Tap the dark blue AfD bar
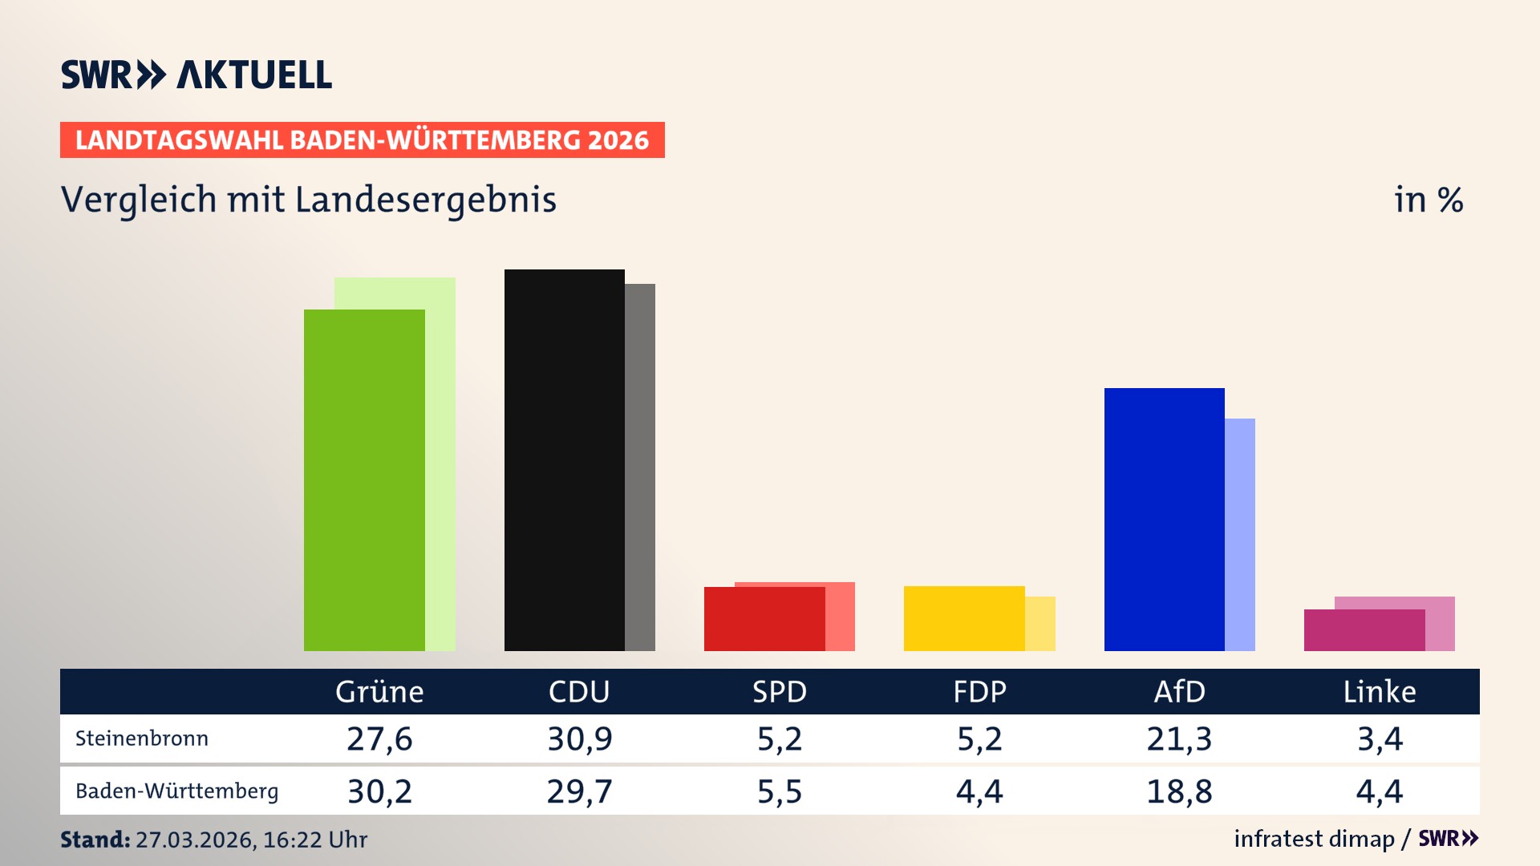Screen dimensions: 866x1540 (1164, 519)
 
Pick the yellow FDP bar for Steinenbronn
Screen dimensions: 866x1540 (964, 618)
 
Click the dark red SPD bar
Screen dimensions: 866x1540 (764, 619)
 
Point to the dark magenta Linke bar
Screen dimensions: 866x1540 (1364, 630)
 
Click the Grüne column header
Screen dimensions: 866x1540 (379, 691)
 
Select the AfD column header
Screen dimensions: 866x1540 (1179, 691)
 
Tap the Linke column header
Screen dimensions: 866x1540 (1380, 691)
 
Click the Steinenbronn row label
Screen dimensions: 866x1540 (142, 739)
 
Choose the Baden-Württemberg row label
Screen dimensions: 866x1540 (176, 791)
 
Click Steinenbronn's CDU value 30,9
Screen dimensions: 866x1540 (579, 739)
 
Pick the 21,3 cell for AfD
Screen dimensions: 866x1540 (1179, 739)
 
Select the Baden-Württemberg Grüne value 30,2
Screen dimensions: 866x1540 (379, 791)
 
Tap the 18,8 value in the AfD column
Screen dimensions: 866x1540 (1179, 791)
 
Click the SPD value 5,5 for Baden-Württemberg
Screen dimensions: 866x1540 (780, 791)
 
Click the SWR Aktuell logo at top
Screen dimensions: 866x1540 (197, 75)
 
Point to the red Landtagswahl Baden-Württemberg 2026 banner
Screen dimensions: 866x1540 (362, 140)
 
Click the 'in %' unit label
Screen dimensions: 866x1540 (1429, 200)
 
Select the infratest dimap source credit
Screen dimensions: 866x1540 (1314, 839)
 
